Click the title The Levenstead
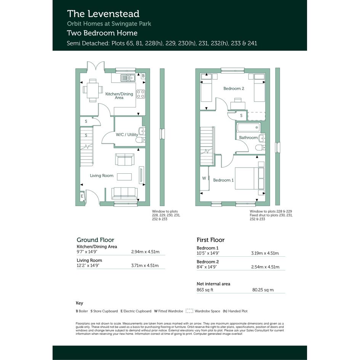point(103,14)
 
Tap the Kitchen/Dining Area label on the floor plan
point(119,96)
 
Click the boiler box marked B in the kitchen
point(143,76)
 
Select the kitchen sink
point(128,78)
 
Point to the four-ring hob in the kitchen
point(141,94)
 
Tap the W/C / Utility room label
point(127,134)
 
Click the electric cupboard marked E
point(82,196)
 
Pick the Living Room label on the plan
point(101,176)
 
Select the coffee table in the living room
point(125,177)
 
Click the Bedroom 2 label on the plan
point(234,88)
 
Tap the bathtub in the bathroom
point(249,127)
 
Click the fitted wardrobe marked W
point(204,178)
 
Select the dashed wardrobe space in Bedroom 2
point(256,116)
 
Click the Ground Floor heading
point(95,240)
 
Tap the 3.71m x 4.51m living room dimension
point(145,266)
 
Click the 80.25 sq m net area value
point(263,290)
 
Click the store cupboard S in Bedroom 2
point(241,115)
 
